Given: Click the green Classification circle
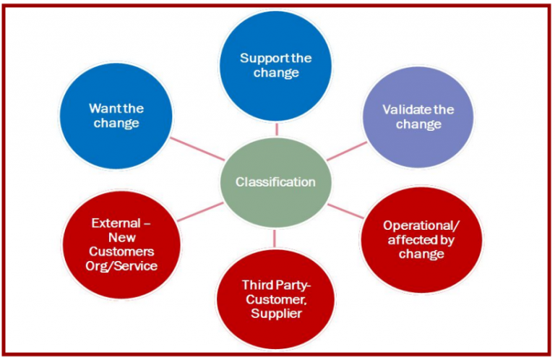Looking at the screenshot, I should (276, 181).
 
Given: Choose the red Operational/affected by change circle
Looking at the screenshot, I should (413, 239).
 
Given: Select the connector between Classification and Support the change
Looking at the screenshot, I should (276, 129).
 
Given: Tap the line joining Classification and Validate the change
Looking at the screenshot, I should (348, 150).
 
